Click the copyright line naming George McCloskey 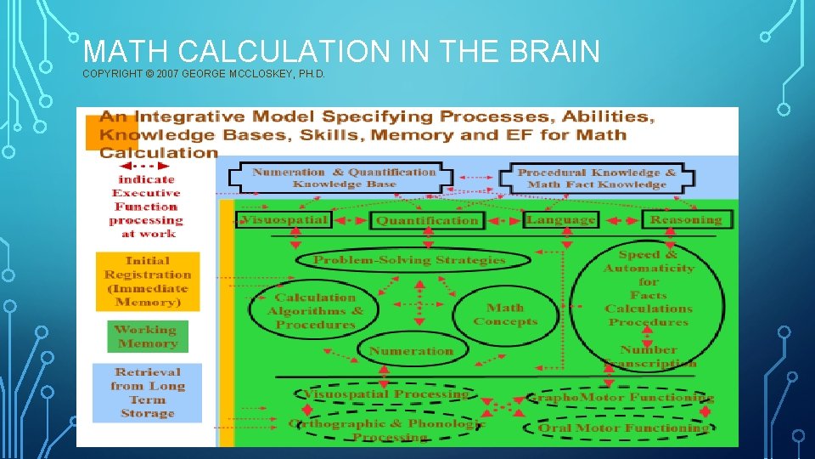(204, 75)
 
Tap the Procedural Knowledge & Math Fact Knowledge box (597, 178)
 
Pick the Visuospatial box (284, 219)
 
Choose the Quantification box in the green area (427, 221)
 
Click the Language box (560, 219)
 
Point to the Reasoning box (685, 219)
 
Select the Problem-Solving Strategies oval (409, 259)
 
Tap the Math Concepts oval (505, 314)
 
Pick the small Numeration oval (411, 350)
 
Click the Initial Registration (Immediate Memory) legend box (148, 280)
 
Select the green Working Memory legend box (147, 337)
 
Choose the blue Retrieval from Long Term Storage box (148, 393)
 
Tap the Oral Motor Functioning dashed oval (624, 428)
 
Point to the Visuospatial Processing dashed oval (386, 394)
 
